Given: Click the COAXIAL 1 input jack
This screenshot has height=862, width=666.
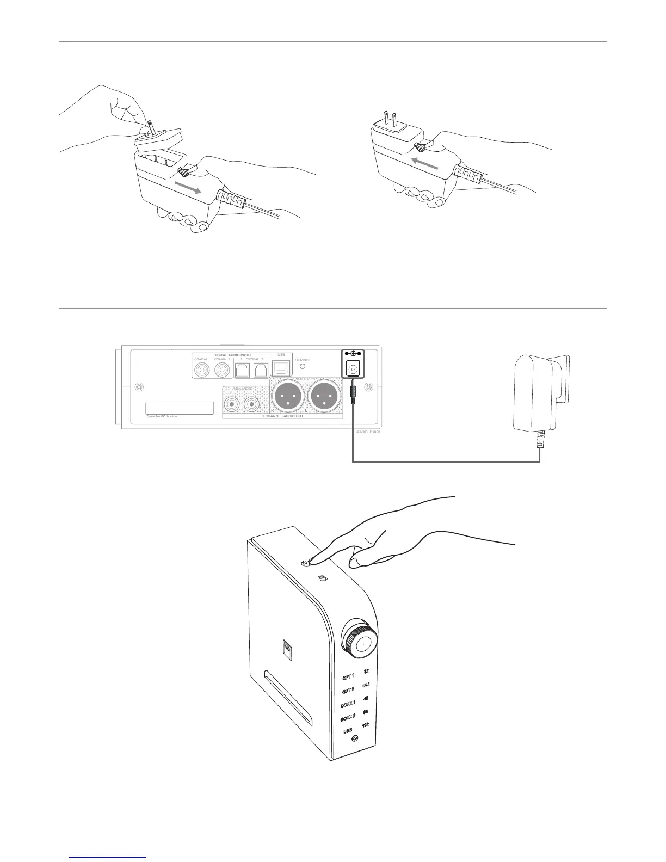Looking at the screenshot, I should (x=202, y=371).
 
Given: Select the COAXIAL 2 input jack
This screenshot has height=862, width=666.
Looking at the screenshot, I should (x=221, y=371).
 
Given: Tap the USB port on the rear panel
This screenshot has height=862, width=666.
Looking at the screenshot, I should (x=281, y=369).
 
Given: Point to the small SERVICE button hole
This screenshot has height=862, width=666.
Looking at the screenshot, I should (x=303, y=368).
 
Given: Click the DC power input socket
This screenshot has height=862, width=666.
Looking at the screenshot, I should (x=353, y=370).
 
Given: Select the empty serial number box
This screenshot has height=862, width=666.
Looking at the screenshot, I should (x=180, y=408).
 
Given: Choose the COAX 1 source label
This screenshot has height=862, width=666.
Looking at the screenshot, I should (x=348, y=705).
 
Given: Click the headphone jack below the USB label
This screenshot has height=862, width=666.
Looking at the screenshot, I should (x=355, y=739).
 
